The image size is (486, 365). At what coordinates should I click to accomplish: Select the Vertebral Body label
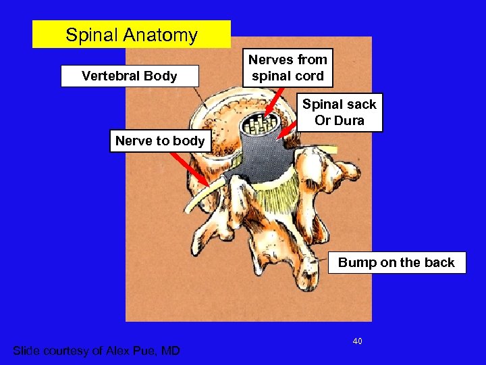pos(130,76)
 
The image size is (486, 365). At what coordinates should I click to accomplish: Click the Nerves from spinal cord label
pos(288,68)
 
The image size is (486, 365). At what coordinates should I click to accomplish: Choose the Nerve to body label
pos(160,141)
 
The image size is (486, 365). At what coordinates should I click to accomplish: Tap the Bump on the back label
pos(396,262)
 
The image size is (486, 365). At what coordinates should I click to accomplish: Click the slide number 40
pos(357,341)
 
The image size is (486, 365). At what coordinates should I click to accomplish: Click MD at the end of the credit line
pos(171,350)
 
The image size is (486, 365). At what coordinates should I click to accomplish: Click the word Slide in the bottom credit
pos(29,350)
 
